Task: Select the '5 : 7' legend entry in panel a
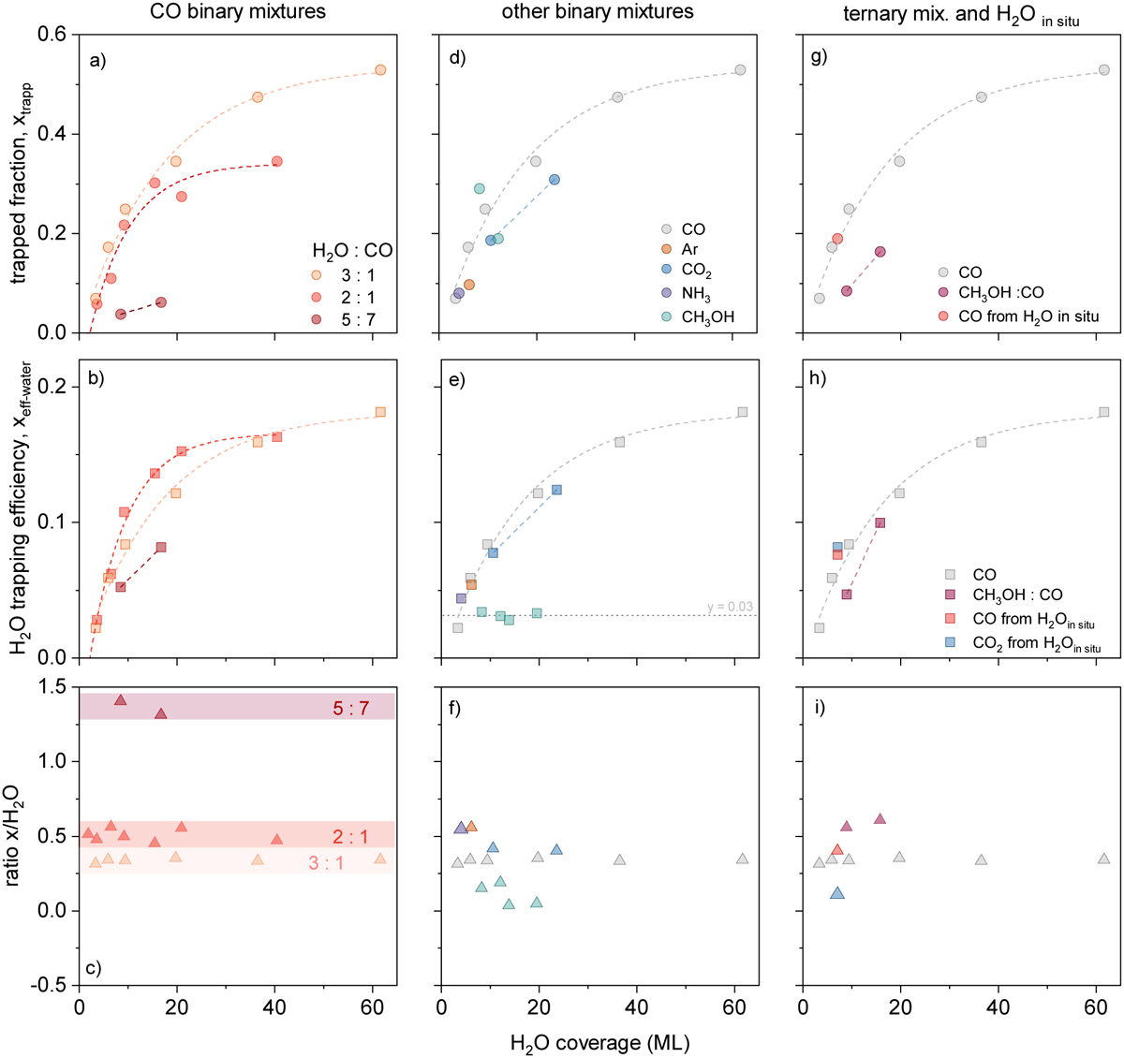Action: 352,320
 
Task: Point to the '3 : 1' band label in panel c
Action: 326,863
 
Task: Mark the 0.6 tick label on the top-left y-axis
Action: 52,35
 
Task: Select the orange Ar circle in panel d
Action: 469,285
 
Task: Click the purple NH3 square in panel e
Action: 461,598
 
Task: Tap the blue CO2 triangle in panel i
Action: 837,893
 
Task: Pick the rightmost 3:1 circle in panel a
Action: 380,70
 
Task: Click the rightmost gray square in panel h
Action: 1104,412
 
